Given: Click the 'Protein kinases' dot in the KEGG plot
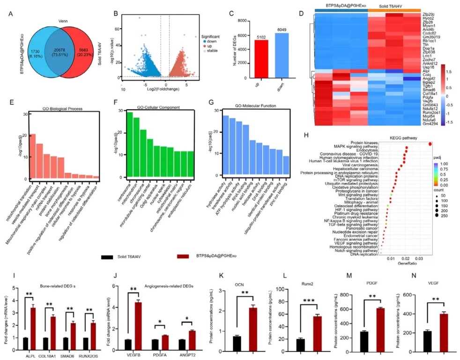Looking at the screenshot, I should [430, 144].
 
